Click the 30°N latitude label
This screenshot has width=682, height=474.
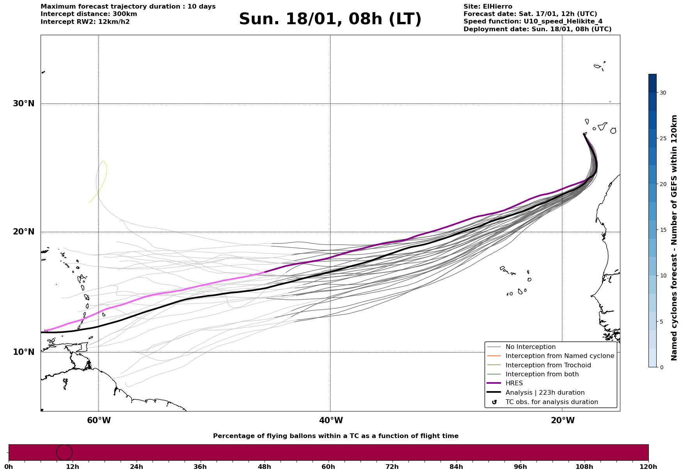click(23, 104)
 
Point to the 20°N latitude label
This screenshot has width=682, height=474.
click(23, 232)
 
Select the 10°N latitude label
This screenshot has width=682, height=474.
click(23, 352)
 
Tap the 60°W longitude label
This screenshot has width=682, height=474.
click(99, 420)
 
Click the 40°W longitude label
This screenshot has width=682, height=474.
click(331, 420)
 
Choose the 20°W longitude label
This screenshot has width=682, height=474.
click(563, 420)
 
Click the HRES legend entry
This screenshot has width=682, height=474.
click(514, 383)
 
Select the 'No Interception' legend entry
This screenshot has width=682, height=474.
click(530, 347)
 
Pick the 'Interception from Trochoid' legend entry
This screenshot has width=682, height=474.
click(548, 365)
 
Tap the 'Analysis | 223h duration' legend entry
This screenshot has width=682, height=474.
click(545, 393)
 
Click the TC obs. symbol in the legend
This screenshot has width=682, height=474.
click(494, 402)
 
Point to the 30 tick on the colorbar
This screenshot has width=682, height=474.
click(663, 93)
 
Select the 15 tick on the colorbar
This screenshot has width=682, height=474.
click(663, 230)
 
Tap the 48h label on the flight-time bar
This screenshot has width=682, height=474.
click(264, 467)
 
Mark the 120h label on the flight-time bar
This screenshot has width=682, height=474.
click(648, 467)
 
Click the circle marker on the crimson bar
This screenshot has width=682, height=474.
click(64, 453)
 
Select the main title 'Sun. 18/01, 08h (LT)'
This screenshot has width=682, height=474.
click(330, 19)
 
